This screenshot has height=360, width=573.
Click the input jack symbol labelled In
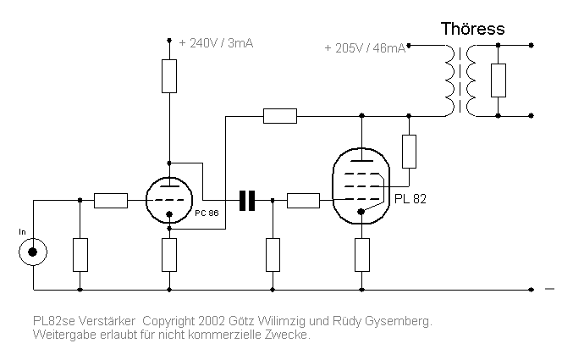pyautogui.click(x=33, y=251)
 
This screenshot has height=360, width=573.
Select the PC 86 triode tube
pyautogui.click(x=169, y=202)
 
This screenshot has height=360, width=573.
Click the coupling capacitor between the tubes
pyautogui.click(x=247, y=201)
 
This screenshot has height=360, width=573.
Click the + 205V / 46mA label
pyautogui.click(x=366, y=48)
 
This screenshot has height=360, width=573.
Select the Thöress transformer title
pyautogui.click(x=472, y=29)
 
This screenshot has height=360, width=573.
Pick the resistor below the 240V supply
pyautogui.click(x=169, y=77)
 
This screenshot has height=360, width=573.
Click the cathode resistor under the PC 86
pyautogui.click(x=169, y=254)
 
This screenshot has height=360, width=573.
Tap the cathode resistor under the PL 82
pyautogui.click(x=361, y=254)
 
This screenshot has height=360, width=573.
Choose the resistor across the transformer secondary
pyautogui.click(x=499, y=80)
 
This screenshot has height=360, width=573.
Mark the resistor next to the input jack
pyautogui.click(x=80, y=254)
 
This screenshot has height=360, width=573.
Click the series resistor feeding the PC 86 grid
pyautogui.click(x=111, y=201)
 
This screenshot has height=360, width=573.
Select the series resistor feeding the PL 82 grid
pyautogui.click(x=303, y=201)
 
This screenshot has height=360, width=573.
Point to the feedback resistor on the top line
pyautogui.click(x=279, y=115)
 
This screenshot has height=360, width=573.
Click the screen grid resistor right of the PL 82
pyautogui.click(x=410, y=151)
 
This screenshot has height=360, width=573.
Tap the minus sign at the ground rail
pyautogui.click(x=549, y=290)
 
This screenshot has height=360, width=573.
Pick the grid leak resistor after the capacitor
pyautogui.click(x=273, y=254)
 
